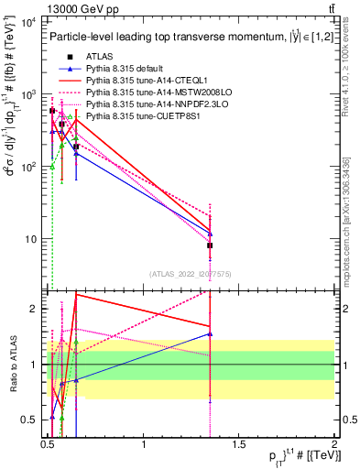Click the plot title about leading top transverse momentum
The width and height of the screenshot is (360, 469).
pyautogui.click(x=190, y=38)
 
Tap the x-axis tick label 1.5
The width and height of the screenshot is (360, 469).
pyautogui.click(x=239, y=445)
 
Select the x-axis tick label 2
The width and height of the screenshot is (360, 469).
pyautogui.click(x=334, y=445)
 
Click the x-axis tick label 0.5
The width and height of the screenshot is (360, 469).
pyautogui.click(x=49, y=445)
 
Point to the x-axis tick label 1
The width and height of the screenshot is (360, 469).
pyautogui.click(x=144, y=445)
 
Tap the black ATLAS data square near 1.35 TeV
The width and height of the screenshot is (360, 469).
pyautogui.click(x=211, y=245)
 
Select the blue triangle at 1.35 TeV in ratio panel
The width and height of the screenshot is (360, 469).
pyautogui.click(x=211, y=334)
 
